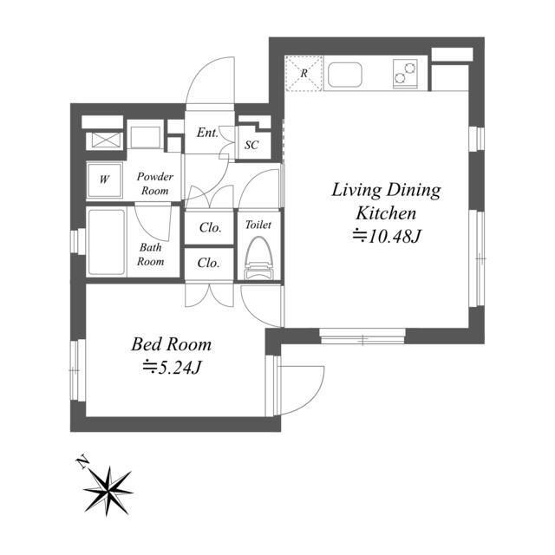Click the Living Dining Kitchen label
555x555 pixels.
click(386, 201)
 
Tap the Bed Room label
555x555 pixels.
click(172, 344)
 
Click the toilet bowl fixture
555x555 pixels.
click(258, 258)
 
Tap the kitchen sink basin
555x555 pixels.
click(345, 75)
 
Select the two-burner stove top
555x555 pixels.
click(405, 73)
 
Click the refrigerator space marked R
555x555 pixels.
click(304, 73)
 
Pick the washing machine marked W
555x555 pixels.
click(104, 180)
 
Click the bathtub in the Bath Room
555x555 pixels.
click(107, 242)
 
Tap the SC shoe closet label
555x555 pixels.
click(251, 145)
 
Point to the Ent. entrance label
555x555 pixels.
click(207, 133)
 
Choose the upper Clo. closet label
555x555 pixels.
click(210, 227)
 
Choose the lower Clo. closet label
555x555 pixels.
click(208, 263)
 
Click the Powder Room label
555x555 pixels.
click(155, 184)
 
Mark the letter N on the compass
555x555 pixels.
click(83, 462)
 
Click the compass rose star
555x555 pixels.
click(108, 491)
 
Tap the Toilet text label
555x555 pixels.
click(258, 225)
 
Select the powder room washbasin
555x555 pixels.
click(145, 137)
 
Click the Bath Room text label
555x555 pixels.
click(151, 254)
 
